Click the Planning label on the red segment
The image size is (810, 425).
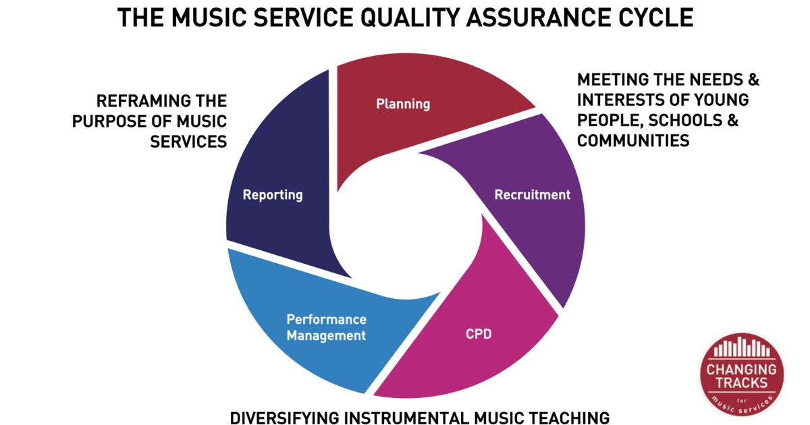(x=403, y=104)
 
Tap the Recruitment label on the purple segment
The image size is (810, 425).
(x=533, y=195)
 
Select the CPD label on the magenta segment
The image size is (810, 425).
(x=479, y=334)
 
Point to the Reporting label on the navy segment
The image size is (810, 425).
(x=273, y=195)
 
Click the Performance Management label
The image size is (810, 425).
(x=326, y=327)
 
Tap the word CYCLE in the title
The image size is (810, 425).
(x=653, y=18)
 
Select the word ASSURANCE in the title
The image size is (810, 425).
(x=536, y=18)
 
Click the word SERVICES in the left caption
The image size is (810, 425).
(x=188, y=142)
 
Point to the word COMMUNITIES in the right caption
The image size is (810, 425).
(x=633, y=140)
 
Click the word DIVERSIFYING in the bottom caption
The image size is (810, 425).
(x=285, y=418)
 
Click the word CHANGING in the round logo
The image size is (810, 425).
(x=741, y=370)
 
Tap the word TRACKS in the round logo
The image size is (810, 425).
(x=741, y=382)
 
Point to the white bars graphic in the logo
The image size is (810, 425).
(x=742, y=347)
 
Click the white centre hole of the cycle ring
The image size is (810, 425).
(x=406, y=226)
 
